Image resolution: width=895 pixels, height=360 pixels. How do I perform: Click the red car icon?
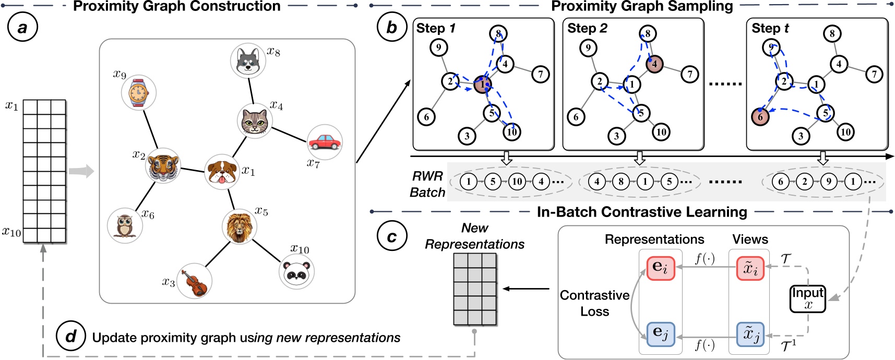[x=325, y=142]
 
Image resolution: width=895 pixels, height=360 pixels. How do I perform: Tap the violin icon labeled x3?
[x=194, y=282]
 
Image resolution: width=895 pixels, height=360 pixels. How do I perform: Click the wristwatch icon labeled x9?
[x=138, y=93]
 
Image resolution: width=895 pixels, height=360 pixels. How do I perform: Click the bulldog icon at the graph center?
[x=221, y=172]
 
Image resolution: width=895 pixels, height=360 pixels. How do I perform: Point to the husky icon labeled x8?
[x=248, y=61]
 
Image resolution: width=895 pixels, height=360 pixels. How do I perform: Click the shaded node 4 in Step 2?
[x=654, y=64]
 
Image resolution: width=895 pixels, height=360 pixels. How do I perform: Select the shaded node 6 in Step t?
[x=760, y=117]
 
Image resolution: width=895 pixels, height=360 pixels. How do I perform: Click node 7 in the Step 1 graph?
[x=541, y=75]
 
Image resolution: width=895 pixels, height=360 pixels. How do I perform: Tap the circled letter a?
[x=22, y=27]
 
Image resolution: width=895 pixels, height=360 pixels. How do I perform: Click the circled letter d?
[x=71, y=337]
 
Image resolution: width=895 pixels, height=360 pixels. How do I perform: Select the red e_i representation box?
[x=660, y=267]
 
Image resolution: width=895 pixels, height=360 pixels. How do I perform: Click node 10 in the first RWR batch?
[x=517, y=182]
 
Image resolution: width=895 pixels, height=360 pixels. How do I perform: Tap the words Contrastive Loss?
[x=594, y=303]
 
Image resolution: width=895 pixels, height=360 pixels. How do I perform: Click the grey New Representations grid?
[x=474, y=289]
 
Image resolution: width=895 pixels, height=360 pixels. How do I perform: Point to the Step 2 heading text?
[x=587, y=28]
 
